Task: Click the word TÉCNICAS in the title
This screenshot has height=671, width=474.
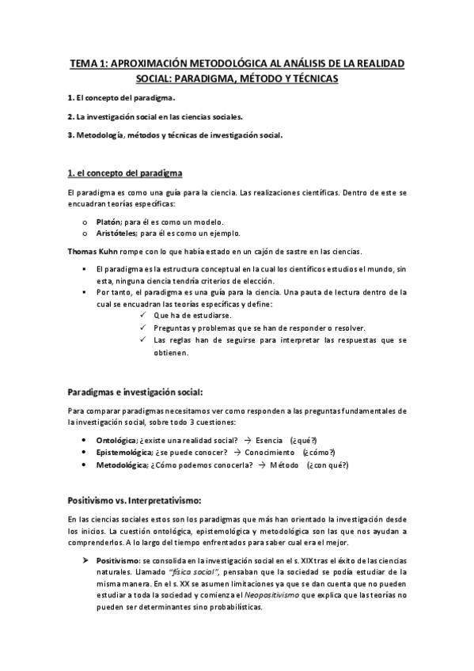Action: [308, 79]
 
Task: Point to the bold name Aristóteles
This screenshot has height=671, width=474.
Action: [117, 233]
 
